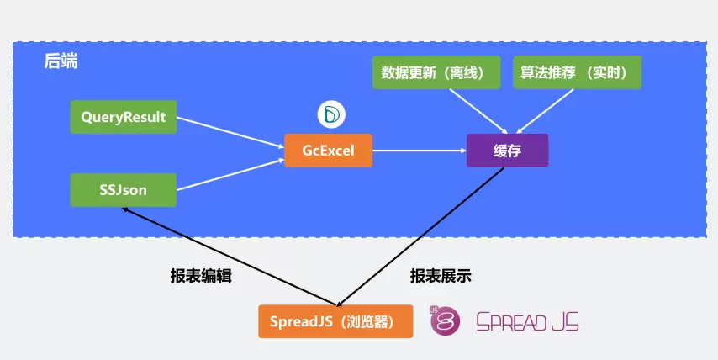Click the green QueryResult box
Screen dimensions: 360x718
pyautogui.click(x=124, y=117)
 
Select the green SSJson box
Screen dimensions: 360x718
pyautogui.click(x=124, y=190)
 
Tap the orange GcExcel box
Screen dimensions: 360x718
pyautogui.click(x=328, y=151)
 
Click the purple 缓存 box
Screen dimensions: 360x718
pyautogui.click(x=507, y=151)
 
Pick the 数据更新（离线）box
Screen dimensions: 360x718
pyautogui.click(x=436, y=72)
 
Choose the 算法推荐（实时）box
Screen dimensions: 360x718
pyautogui.click(x=577, y=72)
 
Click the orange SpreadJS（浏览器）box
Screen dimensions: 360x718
pyautogui.click(x=335, y=321)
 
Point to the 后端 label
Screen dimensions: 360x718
pyautogui.click(x=61, y=61)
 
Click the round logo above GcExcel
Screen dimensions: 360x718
pyautogui.click(x=330, y=114)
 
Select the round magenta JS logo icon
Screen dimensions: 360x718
pyautogui.click(x=446, y=320)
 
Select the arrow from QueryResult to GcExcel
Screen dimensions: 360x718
pyautogui.click(x=230, y=133)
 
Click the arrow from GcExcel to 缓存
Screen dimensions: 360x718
pyautogui.click(x=419, y=151)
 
